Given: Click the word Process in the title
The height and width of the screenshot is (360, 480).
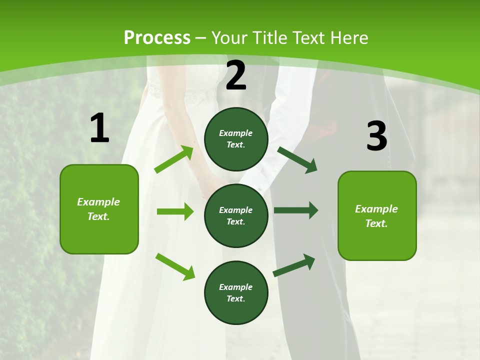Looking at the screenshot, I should tap(157, 38).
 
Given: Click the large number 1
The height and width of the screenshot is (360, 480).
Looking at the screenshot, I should tap(99, 128).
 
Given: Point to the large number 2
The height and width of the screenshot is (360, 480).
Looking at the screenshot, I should tap(236, 75).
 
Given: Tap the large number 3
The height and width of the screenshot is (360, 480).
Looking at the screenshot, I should tap(376, 136).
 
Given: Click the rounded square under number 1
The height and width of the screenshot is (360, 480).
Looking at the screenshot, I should tap(99, 209).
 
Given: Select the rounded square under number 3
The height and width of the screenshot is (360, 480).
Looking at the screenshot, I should tap(377, 216).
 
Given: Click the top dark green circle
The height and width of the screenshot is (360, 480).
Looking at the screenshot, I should tap(236, 139).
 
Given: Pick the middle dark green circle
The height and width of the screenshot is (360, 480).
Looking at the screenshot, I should tap(236, 215).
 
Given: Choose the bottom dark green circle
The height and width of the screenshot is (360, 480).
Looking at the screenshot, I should tap(236, 292).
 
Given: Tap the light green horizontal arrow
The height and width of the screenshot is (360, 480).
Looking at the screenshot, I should tap(175, 211).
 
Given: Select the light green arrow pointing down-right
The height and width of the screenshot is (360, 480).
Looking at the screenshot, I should tap(175, 266).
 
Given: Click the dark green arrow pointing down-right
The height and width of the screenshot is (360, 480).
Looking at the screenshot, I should tap(297, 159).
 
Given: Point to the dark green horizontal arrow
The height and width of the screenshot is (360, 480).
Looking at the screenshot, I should tap(296, 210).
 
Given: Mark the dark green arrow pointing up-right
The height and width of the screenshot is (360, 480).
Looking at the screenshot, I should tap(294, 265).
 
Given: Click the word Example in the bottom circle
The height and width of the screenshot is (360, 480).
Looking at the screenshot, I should tap(236, 287).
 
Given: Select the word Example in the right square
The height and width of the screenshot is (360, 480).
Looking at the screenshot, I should tap(376, 209).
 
